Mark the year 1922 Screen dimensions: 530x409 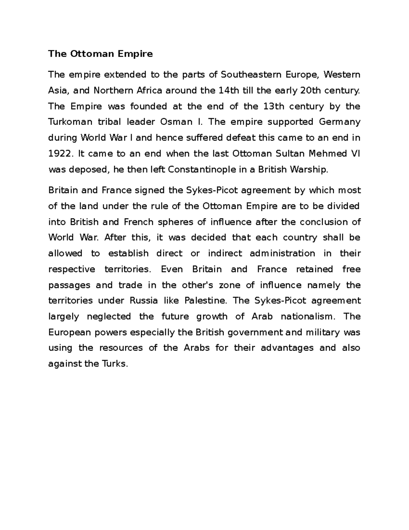pos(60,154)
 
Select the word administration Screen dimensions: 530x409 pos(282,253)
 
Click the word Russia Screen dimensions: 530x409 pos(143,301)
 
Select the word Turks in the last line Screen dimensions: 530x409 pos(115,364)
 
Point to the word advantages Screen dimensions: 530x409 pos(287,348)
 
